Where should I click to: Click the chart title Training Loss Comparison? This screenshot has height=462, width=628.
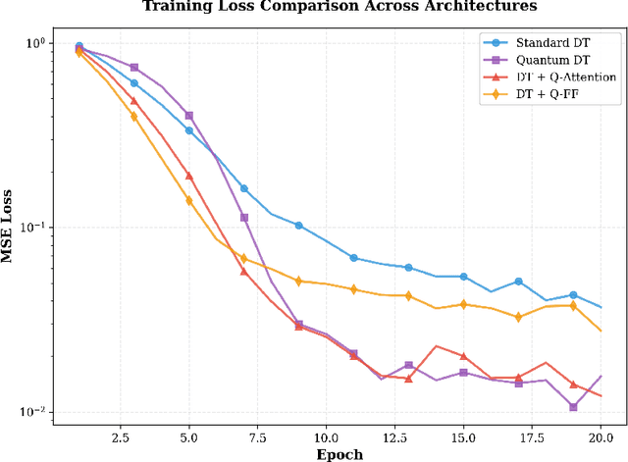[340, 7]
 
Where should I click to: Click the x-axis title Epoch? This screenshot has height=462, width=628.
[340, 454]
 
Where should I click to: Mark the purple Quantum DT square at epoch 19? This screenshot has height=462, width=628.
[573, 406]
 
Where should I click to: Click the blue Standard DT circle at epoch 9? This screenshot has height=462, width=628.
[299, 226]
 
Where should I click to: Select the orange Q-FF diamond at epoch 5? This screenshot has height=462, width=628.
[189, 200]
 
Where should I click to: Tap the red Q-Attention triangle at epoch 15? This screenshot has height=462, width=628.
[463, 356]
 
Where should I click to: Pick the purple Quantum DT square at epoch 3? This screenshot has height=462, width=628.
[134, 68]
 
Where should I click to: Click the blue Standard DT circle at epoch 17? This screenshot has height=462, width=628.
[518, 282]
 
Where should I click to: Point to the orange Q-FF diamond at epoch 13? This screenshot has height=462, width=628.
[409, 295]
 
